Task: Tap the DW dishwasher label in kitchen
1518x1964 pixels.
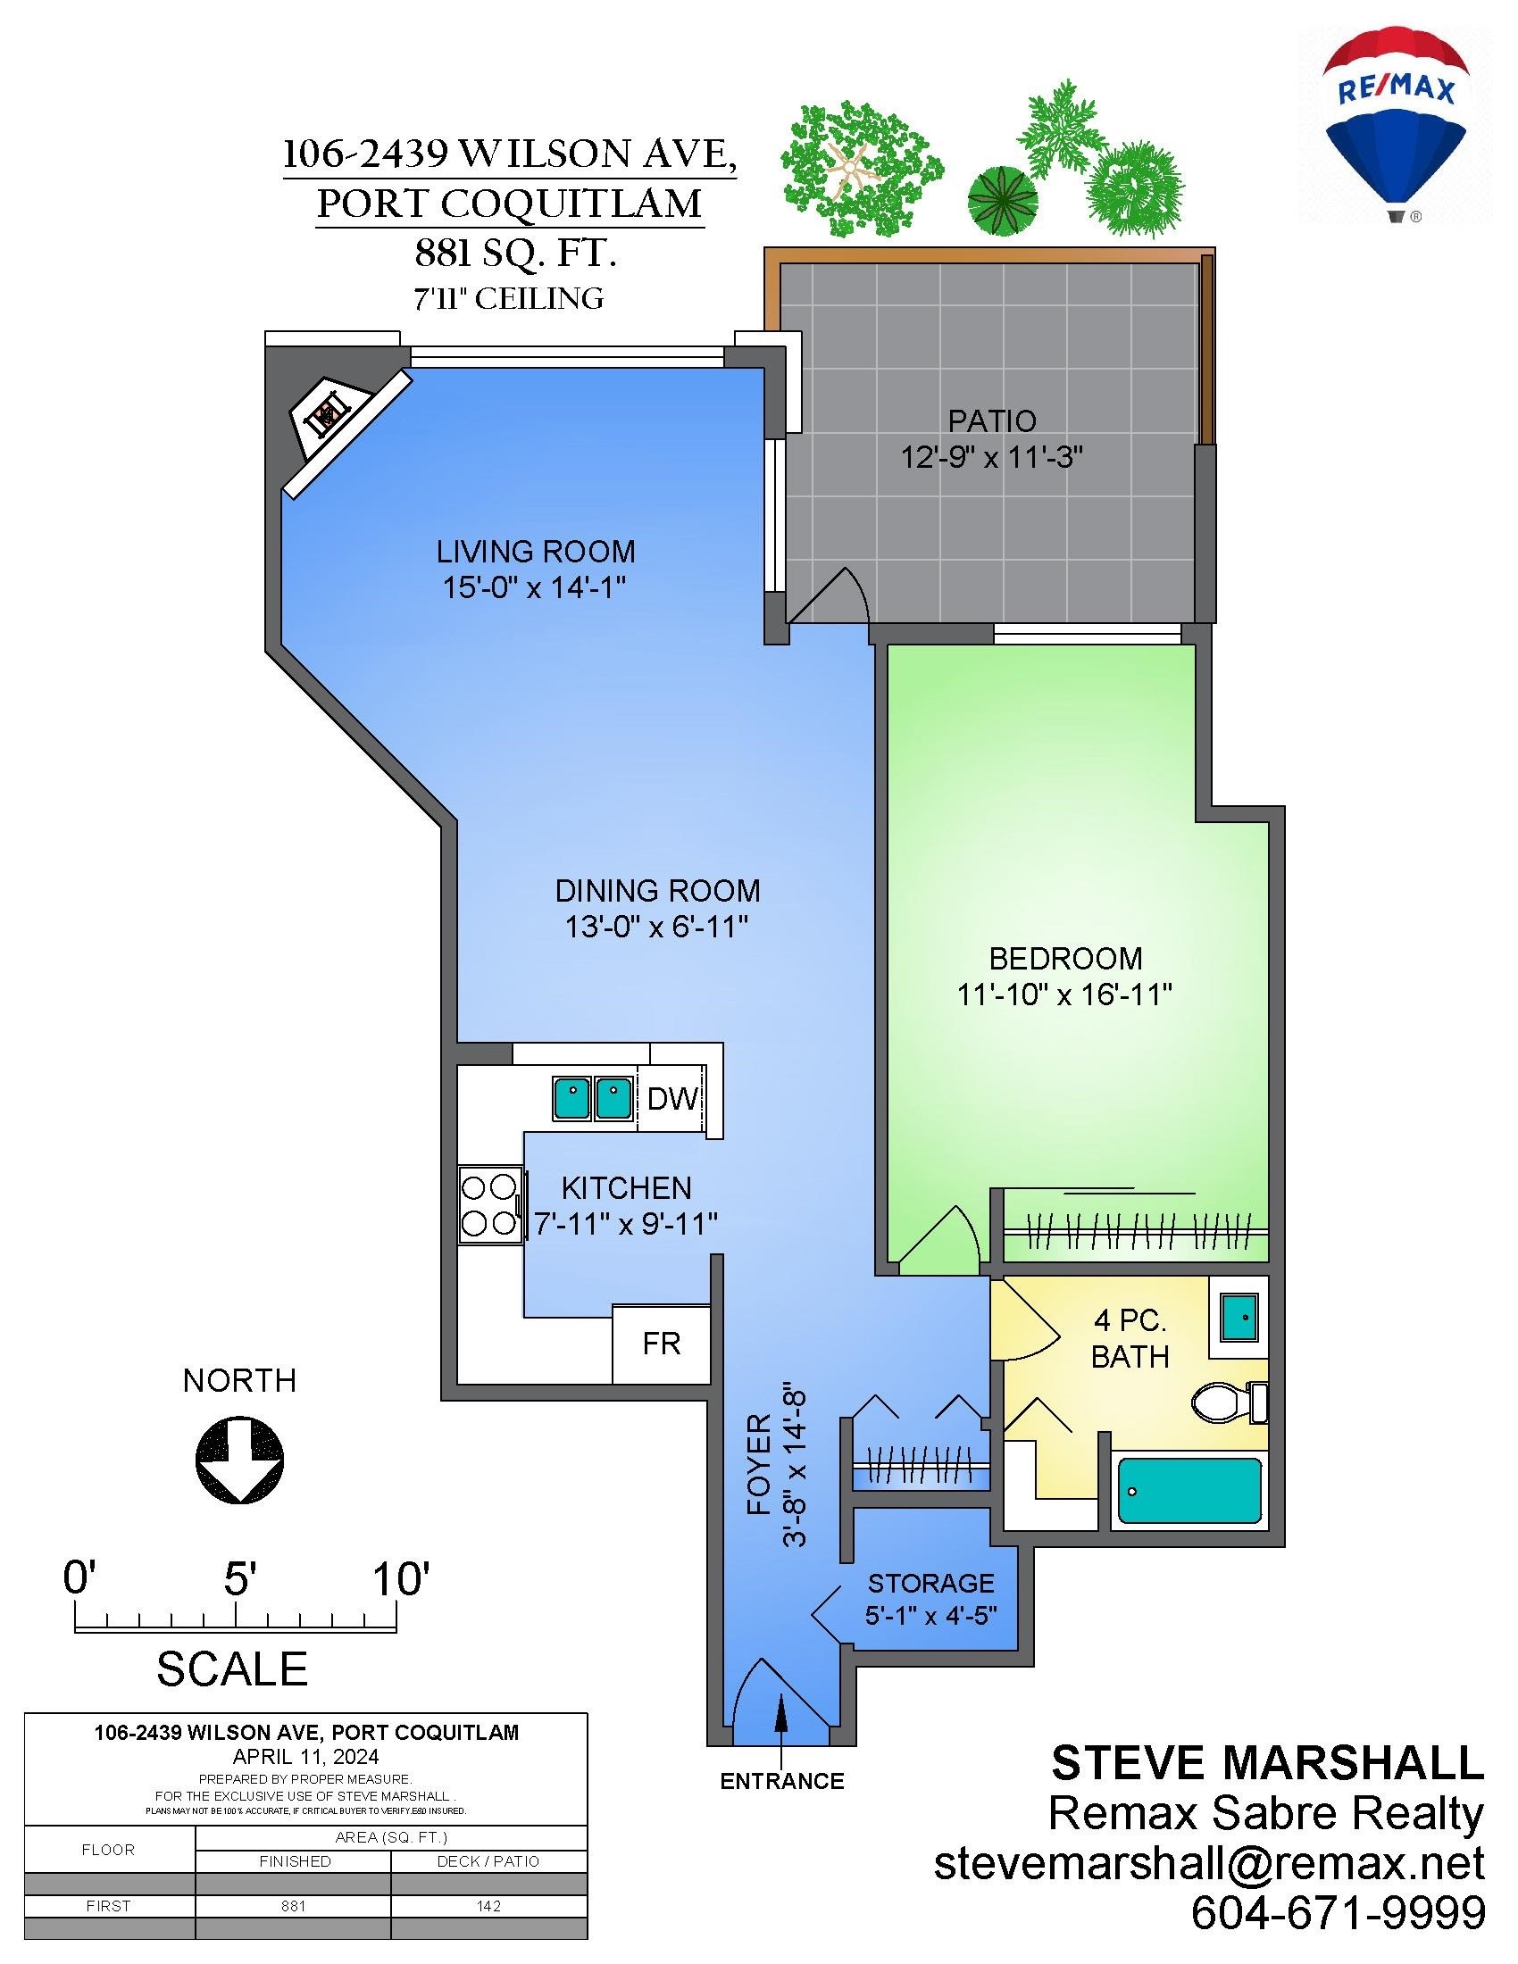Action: point(671,1098)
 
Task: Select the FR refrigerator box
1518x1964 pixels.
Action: point(661,1344)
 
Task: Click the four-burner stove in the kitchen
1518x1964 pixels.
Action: point(490,1205)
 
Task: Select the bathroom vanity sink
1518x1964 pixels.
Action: point(1239,1318)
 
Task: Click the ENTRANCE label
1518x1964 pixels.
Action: point(781,1781)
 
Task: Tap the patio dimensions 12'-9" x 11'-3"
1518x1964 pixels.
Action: point(991,458)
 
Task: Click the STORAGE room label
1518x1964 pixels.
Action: point(930,1583)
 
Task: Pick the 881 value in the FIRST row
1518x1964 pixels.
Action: point(293,1906)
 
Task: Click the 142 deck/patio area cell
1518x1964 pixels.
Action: point(488,1906)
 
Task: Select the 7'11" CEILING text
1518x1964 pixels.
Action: point(508,298)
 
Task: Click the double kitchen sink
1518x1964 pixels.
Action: point(592,1098)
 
